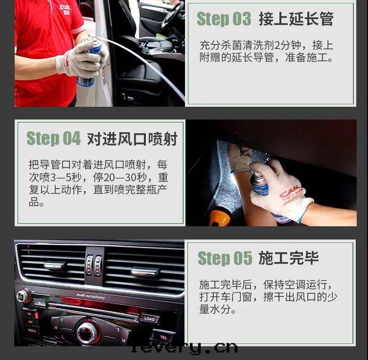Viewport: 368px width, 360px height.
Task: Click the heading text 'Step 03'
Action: click(x=223, y=19)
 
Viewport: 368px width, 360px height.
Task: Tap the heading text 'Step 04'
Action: click(x=53, y=139)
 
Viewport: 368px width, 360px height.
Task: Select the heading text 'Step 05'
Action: click(x=224, y=258)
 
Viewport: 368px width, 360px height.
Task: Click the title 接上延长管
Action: click(x=296, y=19)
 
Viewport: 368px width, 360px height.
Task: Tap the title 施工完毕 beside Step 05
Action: click(x=288, y=258)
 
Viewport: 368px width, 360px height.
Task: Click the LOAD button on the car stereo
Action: click(x=149, y=319)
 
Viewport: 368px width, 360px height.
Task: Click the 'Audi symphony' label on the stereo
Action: click(x=90, y=296)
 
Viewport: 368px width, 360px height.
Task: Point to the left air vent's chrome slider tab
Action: click(x=55, y=265)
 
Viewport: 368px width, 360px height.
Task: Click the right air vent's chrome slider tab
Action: click(x=145, y=271)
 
